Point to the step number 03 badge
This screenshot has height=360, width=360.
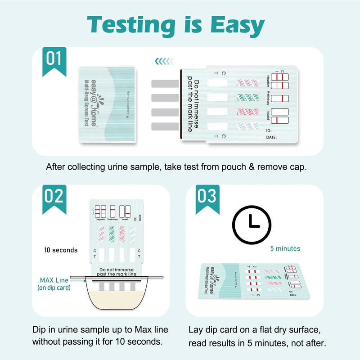[207, 197]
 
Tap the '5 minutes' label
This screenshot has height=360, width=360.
[285, 248]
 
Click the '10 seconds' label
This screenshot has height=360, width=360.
[61, 250]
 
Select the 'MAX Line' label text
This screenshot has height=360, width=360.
[53, 280]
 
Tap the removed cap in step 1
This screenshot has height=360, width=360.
[107, 104]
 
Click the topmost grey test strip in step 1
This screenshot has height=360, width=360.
[166, 84]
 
